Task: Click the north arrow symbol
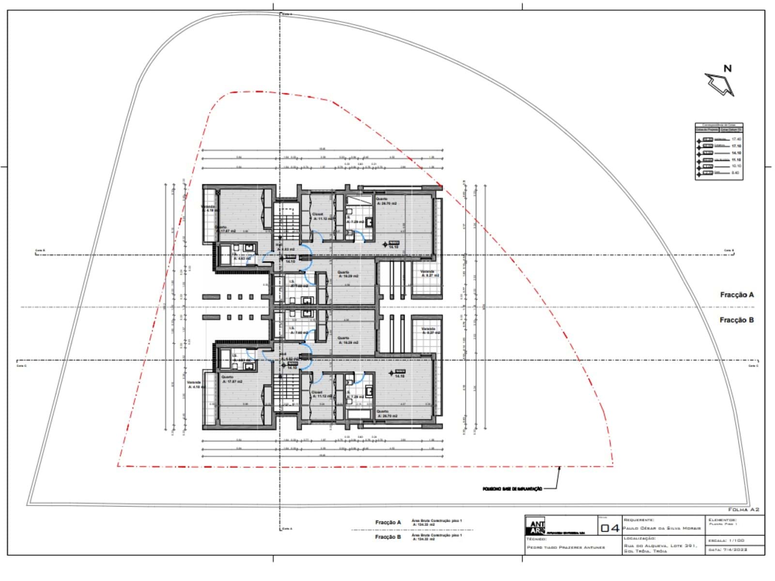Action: [x=720, y=84]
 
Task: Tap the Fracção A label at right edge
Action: [x=737, y=294]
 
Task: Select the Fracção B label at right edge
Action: [x=736, y=320]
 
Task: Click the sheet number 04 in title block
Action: [x=610, y=528]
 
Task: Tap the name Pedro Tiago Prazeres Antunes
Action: [x=566, y=548]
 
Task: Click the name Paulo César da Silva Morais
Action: [x=662, y=528]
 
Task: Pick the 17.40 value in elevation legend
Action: [x=736, y=139]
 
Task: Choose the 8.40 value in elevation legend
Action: [x=735, y=173]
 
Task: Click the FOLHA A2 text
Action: [x=744, y=509]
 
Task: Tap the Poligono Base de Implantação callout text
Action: [x=512, y=489]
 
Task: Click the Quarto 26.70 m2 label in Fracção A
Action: [x=386, y=201]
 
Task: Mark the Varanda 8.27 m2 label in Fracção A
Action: [x=429, y=274]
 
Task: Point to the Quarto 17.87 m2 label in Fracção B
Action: [x=232, y=379]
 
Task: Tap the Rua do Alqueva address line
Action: [x=660, y=546]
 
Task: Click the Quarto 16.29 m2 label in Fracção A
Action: [x=348, y=274]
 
